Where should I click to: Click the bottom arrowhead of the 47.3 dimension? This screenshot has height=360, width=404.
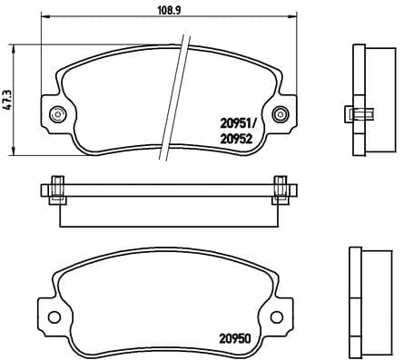coord(15,147)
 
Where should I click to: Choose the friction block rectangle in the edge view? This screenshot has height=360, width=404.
coord(168,211)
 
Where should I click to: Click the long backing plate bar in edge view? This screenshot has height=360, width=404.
coord(168,190)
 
